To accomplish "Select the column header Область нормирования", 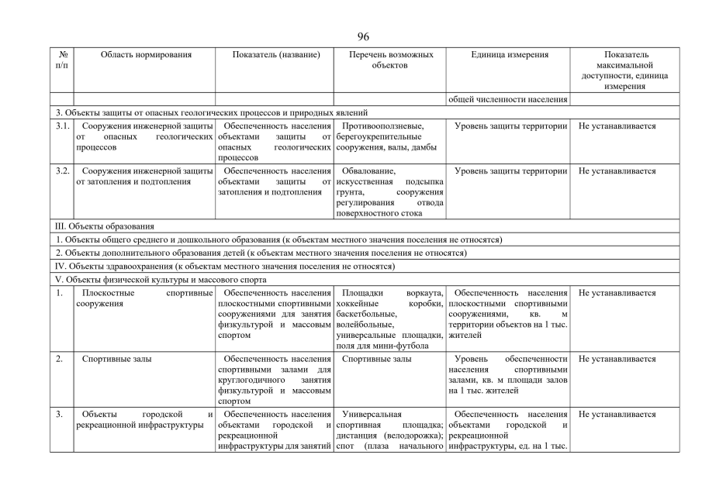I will click(x=146, y=55).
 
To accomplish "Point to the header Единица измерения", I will click(x=509, y=55).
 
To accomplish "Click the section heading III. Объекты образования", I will click(x=105, y=226).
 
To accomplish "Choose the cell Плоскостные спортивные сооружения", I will click(x=145, y=298).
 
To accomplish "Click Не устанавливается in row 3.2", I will click(x=617, y=170).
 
